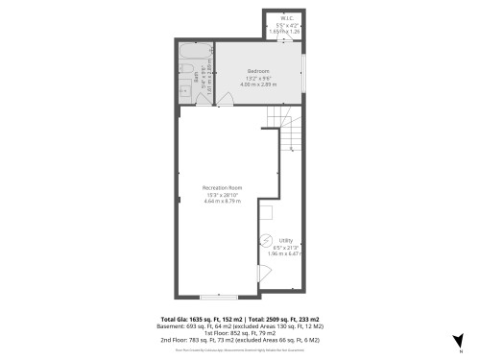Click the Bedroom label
(258, 71)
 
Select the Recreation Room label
(221, 187)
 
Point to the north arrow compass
(461, 339)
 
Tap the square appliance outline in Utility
(265, 214)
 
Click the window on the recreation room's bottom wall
(226, 297)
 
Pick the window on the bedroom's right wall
(302, 72)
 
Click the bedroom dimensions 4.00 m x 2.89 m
(258, 84)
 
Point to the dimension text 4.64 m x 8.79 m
(221, 201)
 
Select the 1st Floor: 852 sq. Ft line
(240, 332)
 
